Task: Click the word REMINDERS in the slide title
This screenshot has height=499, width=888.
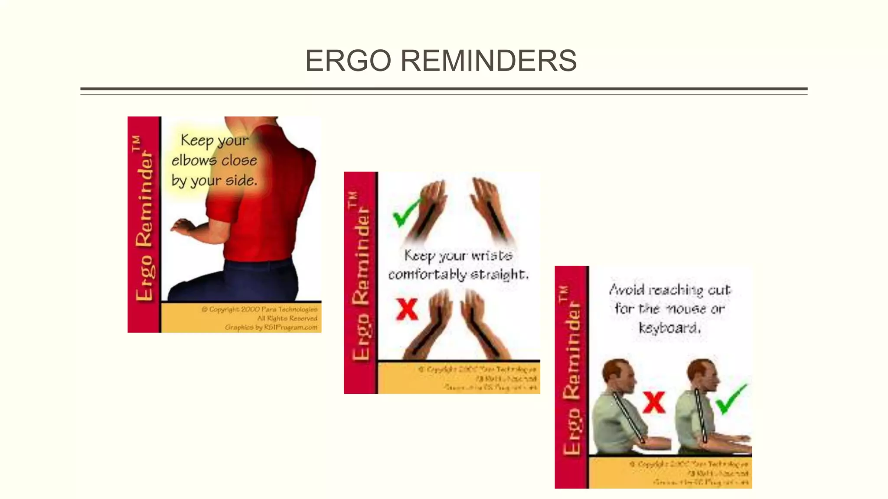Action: coord(488,61)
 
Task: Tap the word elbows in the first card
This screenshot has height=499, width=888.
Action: coord(193,161)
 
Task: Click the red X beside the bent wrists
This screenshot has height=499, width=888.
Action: coord(407,309)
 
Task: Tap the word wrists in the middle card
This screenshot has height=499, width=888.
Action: coord(492,255)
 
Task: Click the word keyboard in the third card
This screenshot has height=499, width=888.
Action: coord(669,328)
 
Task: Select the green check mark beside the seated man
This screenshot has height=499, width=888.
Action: coord(731,399)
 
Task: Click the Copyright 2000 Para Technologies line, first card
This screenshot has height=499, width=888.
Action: coord(259,309)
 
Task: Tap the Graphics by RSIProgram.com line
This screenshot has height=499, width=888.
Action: coord(271,327)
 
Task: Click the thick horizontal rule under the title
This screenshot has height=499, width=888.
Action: coord(444,89)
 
